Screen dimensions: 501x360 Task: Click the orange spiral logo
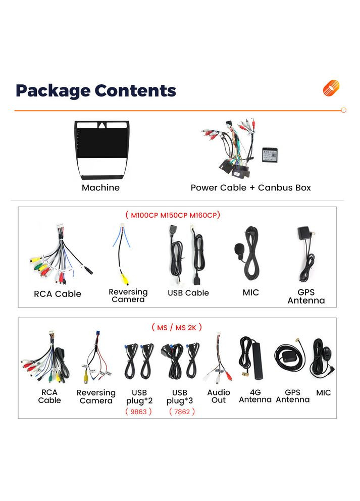pos(331,88)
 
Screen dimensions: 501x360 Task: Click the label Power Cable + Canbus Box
pos(250,188)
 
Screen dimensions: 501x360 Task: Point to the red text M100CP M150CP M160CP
pos(173,215)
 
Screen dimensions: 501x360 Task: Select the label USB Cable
pos(188,293)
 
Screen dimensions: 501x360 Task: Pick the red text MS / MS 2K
pos(177,327)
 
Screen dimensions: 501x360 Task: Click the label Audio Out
pos(219,396)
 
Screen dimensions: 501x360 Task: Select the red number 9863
pos(138,412)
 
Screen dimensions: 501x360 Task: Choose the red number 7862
pos(181,412)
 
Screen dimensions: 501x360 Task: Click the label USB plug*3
pos(179,397)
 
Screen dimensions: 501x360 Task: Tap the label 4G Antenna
pos(255,396)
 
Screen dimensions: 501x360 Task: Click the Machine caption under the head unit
pos(100,188)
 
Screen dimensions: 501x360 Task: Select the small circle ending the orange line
pos(343,110)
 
